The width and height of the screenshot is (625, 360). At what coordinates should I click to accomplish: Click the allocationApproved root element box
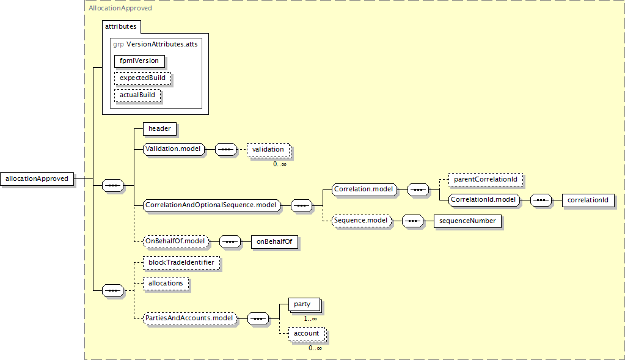coord(37,178)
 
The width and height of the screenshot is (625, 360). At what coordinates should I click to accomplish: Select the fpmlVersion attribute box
coord(139,61)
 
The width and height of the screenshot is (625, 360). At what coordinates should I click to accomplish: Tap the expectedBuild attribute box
coord(143,78)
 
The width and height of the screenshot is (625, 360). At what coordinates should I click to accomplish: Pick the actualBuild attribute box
coord(137,95)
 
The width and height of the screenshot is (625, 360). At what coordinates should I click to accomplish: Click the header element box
coord(159,129)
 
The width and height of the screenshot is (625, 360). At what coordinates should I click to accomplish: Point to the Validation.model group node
coord(174,149)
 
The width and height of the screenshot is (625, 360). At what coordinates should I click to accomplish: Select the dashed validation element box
coord(268,150)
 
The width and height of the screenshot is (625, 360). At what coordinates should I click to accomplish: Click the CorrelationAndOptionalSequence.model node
coord(211,205)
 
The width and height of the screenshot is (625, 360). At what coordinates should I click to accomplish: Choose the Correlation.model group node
coord(364,189)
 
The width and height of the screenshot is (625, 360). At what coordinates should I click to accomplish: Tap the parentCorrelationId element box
coord(486,180)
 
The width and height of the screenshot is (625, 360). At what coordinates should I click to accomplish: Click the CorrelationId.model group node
coord(484,200)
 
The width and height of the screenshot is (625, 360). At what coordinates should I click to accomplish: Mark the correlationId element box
coord(588,200)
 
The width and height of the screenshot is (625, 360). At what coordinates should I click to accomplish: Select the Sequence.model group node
coord(361,221)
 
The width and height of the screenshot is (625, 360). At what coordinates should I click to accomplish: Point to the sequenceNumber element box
coord(467,221)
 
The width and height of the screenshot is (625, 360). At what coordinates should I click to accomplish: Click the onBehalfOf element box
coord(274,241)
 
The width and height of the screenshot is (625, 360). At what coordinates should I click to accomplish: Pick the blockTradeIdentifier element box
coord(181,263)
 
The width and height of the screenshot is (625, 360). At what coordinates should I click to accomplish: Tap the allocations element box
coord(166,284)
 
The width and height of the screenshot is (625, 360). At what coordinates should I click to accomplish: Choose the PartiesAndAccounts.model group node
coord(190,318)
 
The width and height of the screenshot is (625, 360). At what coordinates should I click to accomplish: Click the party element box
coord(304,304)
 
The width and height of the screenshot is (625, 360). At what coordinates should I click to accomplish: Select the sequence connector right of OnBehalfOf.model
coord(230,241)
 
